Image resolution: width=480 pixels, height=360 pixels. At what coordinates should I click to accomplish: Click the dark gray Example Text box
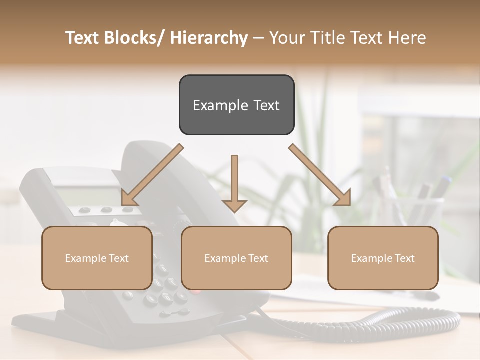tap(236, 105)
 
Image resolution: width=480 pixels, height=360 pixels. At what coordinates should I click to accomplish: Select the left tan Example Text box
tap(97, 258)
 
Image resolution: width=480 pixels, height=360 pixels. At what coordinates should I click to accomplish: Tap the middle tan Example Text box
tap(236, 258)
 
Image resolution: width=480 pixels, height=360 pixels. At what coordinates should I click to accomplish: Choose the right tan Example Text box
tap(383, 258)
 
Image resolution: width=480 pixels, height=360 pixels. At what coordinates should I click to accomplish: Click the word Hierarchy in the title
tap(209, 38)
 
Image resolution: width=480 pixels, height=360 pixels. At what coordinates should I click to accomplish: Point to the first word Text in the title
tap(82, 38)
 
